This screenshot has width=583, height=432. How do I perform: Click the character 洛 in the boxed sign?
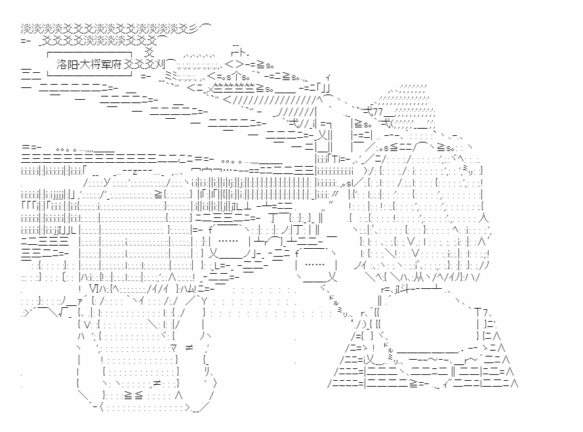point(62,64)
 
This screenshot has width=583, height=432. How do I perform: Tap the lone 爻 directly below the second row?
point(150,53)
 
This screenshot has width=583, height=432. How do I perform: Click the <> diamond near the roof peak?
point(234,64)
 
